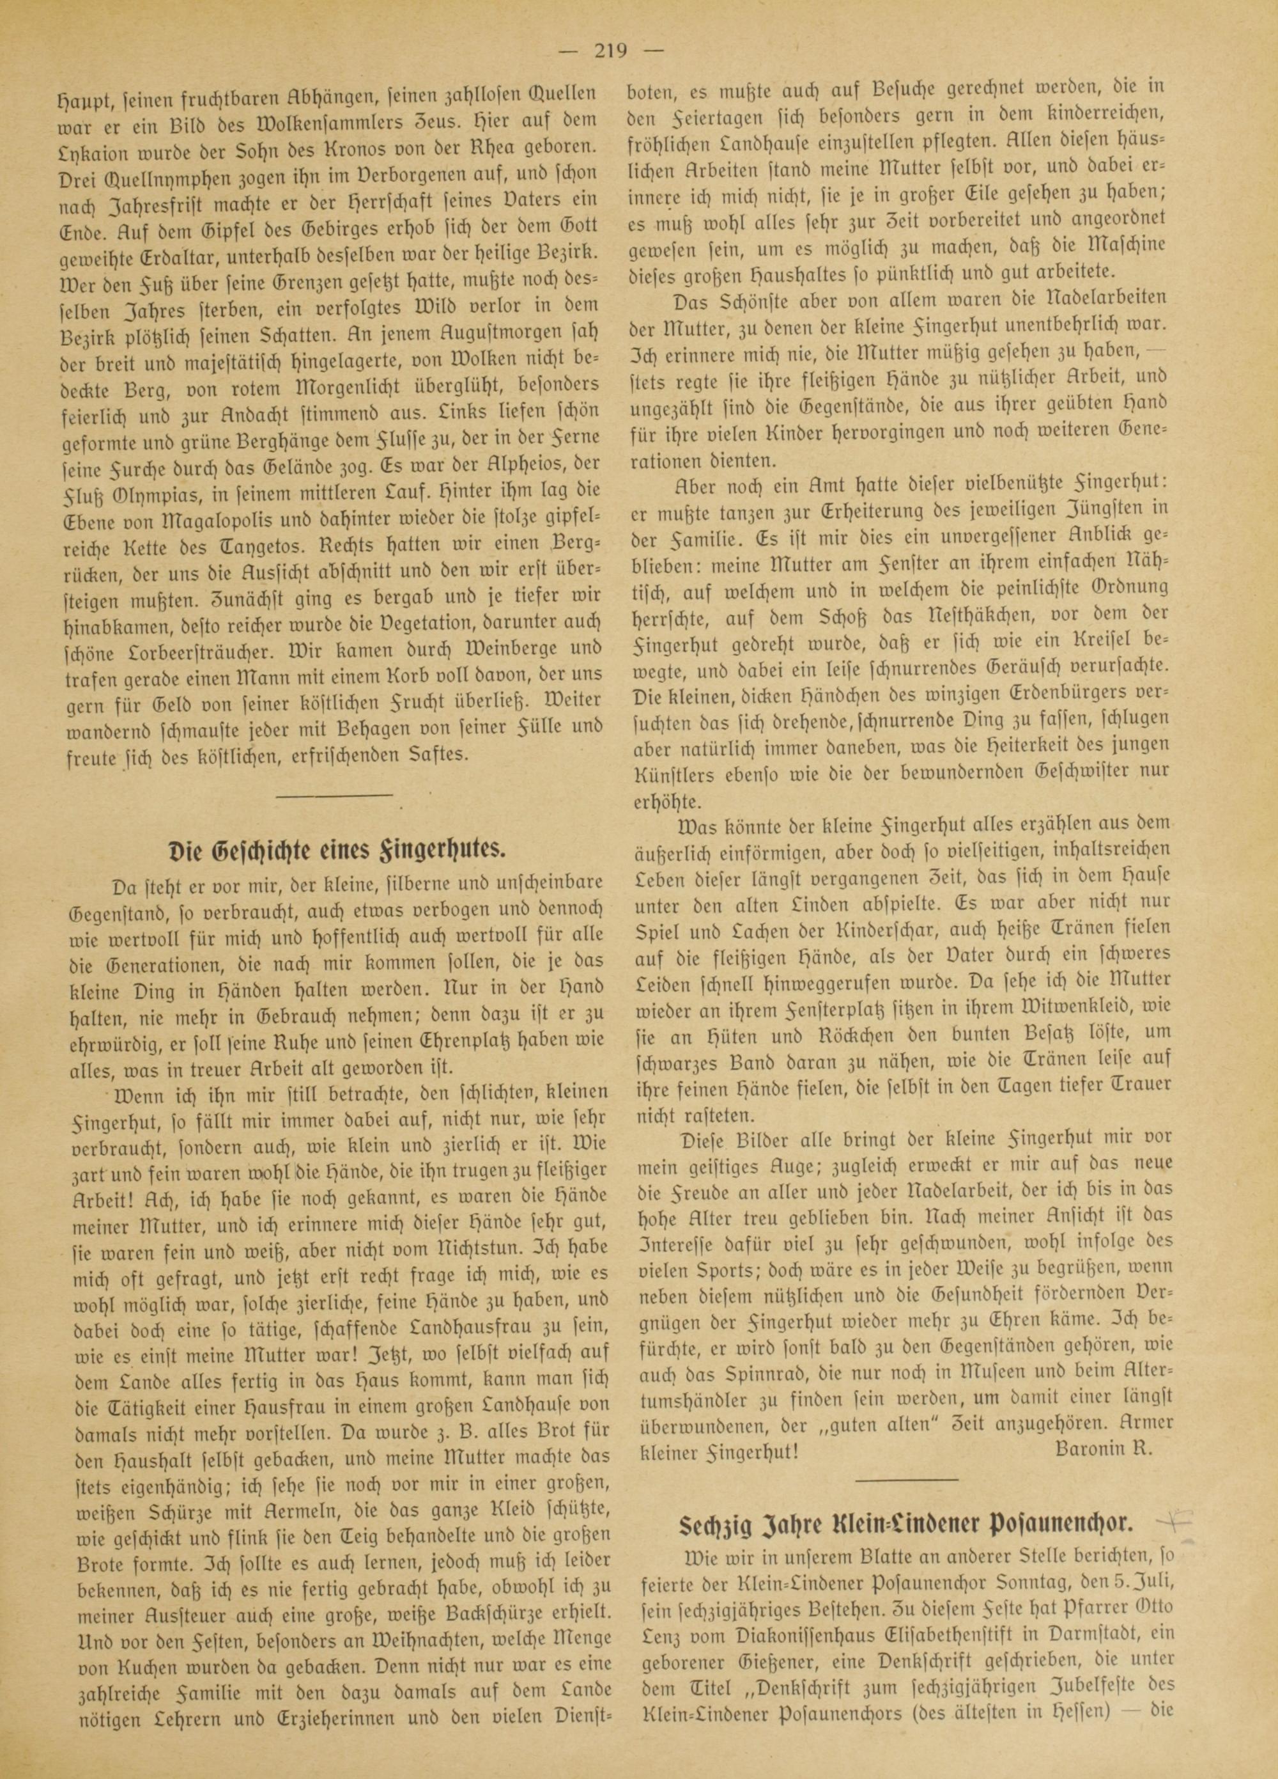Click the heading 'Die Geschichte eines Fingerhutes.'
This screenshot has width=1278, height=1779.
coord(339,852)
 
